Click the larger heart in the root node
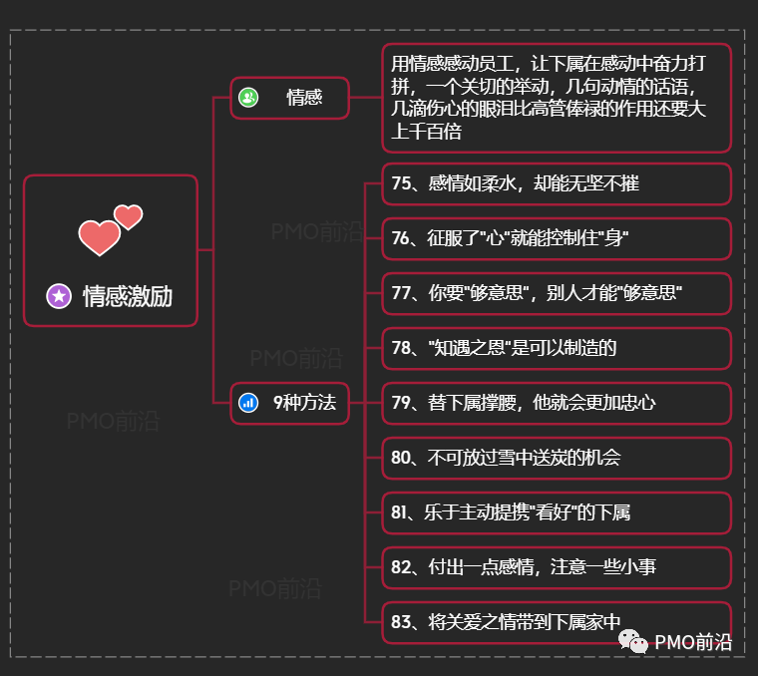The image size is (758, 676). click(x=99, y=237)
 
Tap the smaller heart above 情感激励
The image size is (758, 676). click(x=128, y=216)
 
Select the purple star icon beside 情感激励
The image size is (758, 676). click(x=59, y=295)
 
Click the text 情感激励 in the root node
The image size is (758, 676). click(x=128, y=295)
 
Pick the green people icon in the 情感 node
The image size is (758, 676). click(x=248, y=98)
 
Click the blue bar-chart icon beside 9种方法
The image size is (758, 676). click(x=248, y=403)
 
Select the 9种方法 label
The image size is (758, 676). click(x=304, y=403)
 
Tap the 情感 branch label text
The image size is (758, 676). click(x=304, y=98)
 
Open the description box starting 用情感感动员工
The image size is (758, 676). click(x=557, y=98)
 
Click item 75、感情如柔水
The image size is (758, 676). click(x=516, y=183)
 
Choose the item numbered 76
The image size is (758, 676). click(x=510, y=238)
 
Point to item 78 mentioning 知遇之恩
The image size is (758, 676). click(x=505, y=348)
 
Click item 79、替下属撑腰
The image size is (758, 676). click(x=524, y=403)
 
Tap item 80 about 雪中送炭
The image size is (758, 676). click(x=507, y=458)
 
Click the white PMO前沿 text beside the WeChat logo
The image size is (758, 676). click(x=693, y=642)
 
